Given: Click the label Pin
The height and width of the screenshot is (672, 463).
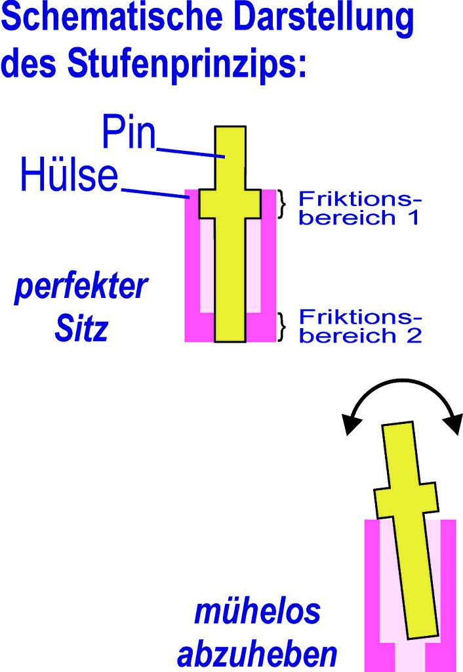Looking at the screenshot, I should point(129,135).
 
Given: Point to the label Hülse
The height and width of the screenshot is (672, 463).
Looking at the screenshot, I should point(69,175).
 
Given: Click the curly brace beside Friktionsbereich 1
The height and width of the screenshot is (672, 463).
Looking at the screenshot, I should point(283,204).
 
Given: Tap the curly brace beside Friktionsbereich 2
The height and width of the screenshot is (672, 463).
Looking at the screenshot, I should point(283,326).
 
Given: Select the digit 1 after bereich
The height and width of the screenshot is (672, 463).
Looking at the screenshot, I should point(411,219).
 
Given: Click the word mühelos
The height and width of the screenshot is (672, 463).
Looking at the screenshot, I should point(256,612).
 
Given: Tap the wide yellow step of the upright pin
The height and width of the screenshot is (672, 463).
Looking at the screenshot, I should point(230,204).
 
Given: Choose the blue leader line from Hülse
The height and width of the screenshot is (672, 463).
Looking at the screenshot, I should point(155,193).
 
